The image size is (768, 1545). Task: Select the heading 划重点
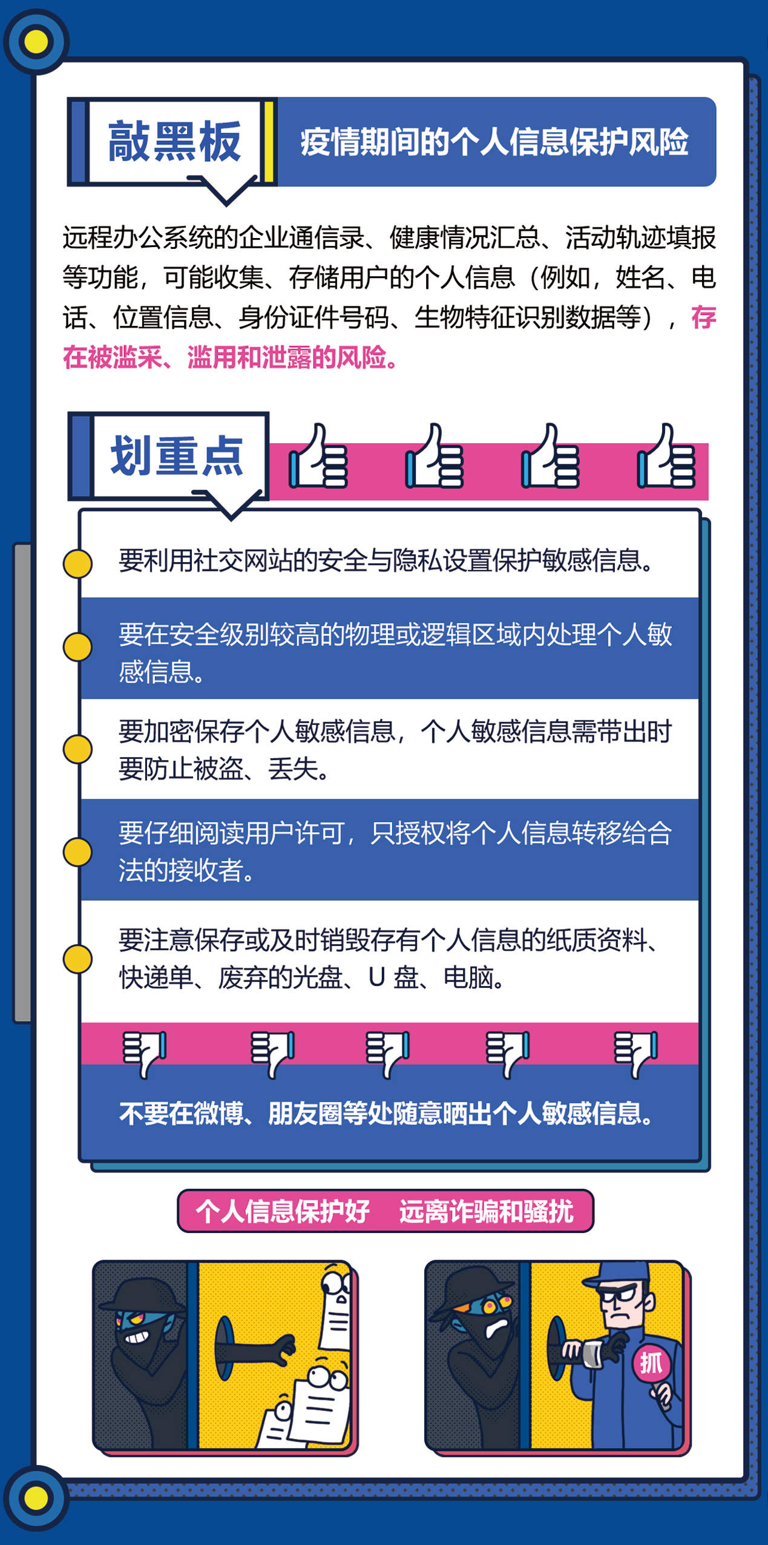(x=176, y=456)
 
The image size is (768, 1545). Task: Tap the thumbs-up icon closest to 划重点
(x=318, y=457)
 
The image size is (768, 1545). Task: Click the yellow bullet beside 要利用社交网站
(x=77, y=563)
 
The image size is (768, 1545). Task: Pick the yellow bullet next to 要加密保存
(x=77, y=749)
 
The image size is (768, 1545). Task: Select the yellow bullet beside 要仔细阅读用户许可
(x=77, y=852)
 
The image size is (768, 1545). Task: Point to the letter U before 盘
(x=376, y=977)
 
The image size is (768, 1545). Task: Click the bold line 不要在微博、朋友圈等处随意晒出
(x=387, y=1113)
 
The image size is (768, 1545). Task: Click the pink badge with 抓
(x=651, y=1363)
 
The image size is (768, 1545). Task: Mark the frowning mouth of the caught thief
(x=497, y=1326)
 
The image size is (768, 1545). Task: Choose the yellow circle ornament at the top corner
(x=36, y=41)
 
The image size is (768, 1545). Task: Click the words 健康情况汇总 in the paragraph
(x=464, y=237)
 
